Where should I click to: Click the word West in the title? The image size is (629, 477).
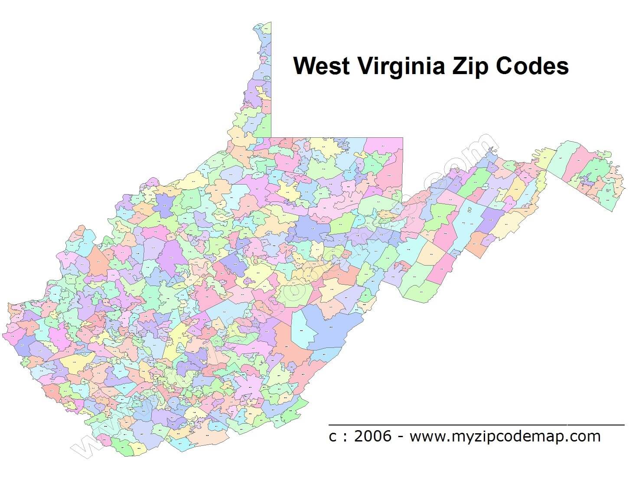click(321, 66)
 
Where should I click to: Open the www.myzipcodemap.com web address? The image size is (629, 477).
click(505, 436)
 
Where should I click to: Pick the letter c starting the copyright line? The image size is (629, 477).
click(332, 437)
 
